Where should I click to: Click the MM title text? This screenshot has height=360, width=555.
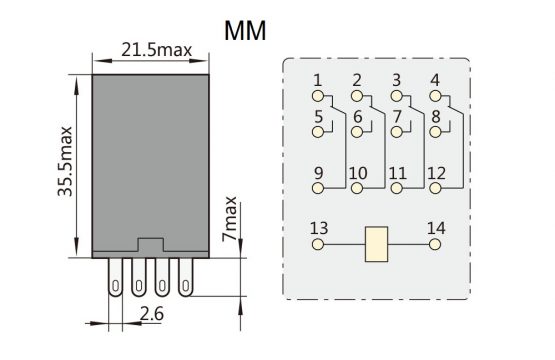245,31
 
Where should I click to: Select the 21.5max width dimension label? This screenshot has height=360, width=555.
156,50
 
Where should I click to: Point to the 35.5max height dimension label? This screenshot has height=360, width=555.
65,161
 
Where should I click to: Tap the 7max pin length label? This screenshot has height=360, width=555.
229,219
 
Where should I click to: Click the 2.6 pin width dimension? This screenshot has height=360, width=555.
152,314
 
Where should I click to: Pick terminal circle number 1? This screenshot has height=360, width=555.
318,96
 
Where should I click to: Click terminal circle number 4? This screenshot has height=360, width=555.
435,96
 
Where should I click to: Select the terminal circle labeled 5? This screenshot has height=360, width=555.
318,132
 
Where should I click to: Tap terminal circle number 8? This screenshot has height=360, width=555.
435,132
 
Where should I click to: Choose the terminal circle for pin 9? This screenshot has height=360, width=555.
318,188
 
